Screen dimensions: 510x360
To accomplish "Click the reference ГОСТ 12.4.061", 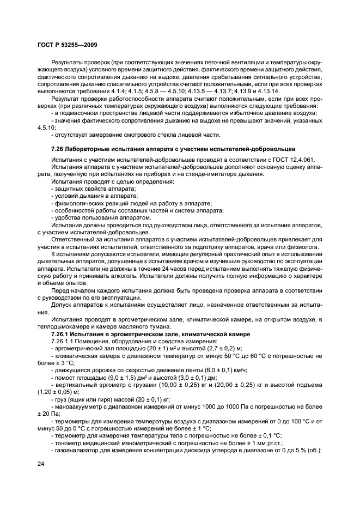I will tap(295, 159).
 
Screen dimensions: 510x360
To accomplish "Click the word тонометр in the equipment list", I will tap(69, 442).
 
